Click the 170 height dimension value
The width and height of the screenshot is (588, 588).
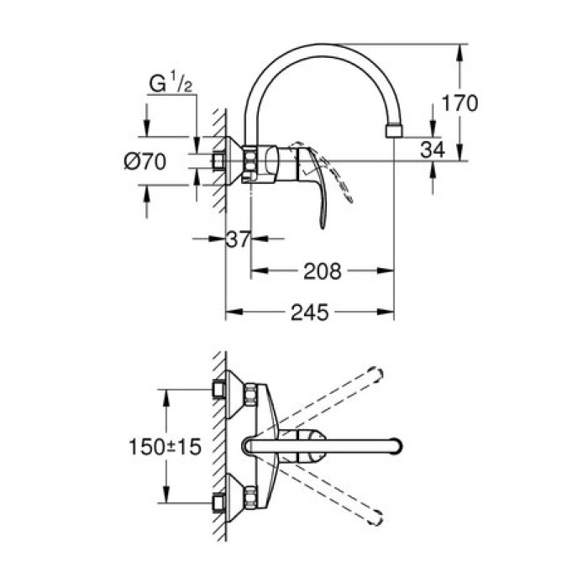coord(461,104)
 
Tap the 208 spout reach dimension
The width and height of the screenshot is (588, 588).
coord(322,270)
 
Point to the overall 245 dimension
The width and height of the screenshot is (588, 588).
coord(310,312)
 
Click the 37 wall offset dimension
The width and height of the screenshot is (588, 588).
coord(239,240)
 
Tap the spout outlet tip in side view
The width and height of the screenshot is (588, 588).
coord(393,131)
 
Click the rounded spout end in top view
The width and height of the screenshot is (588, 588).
coord(396,446)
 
